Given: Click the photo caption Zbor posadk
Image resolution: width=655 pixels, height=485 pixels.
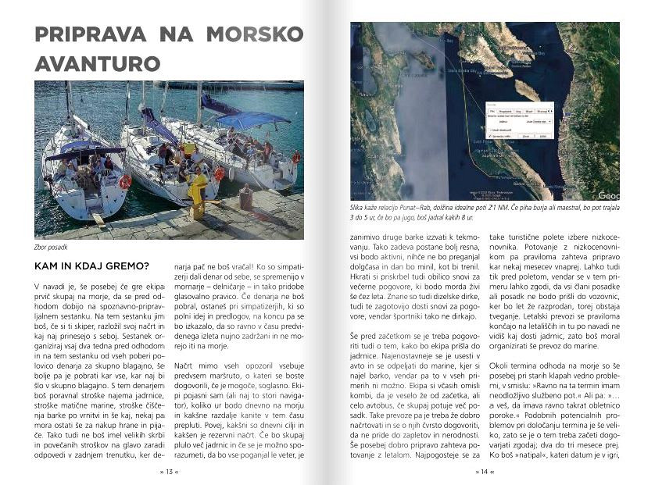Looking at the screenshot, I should click(52, 249).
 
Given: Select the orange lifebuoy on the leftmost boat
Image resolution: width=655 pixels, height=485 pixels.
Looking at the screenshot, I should click(124, 182).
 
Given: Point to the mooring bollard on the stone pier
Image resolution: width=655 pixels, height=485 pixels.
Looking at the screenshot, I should click(245, 198).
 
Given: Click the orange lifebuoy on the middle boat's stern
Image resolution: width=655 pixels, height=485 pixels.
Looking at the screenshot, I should click(219, 173).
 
